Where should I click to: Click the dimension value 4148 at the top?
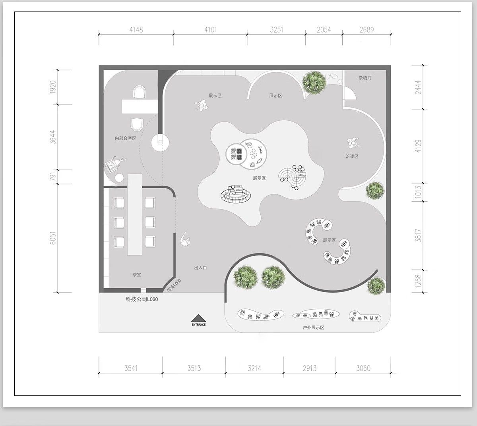136,29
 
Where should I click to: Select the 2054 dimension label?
324,29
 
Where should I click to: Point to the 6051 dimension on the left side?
52,238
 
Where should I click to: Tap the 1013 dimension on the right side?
418,192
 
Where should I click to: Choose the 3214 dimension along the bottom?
254,368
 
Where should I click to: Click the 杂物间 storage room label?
365,78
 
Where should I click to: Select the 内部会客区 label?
125,139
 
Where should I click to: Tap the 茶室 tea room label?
137,274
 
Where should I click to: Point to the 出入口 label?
200,268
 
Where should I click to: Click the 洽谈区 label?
352,156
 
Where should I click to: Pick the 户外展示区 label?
313,328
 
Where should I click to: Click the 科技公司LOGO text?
142,299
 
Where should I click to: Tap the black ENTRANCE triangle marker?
198,318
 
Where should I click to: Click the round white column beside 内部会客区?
160,142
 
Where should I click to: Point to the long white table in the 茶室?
134,214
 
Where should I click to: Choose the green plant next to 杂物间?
314,82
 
